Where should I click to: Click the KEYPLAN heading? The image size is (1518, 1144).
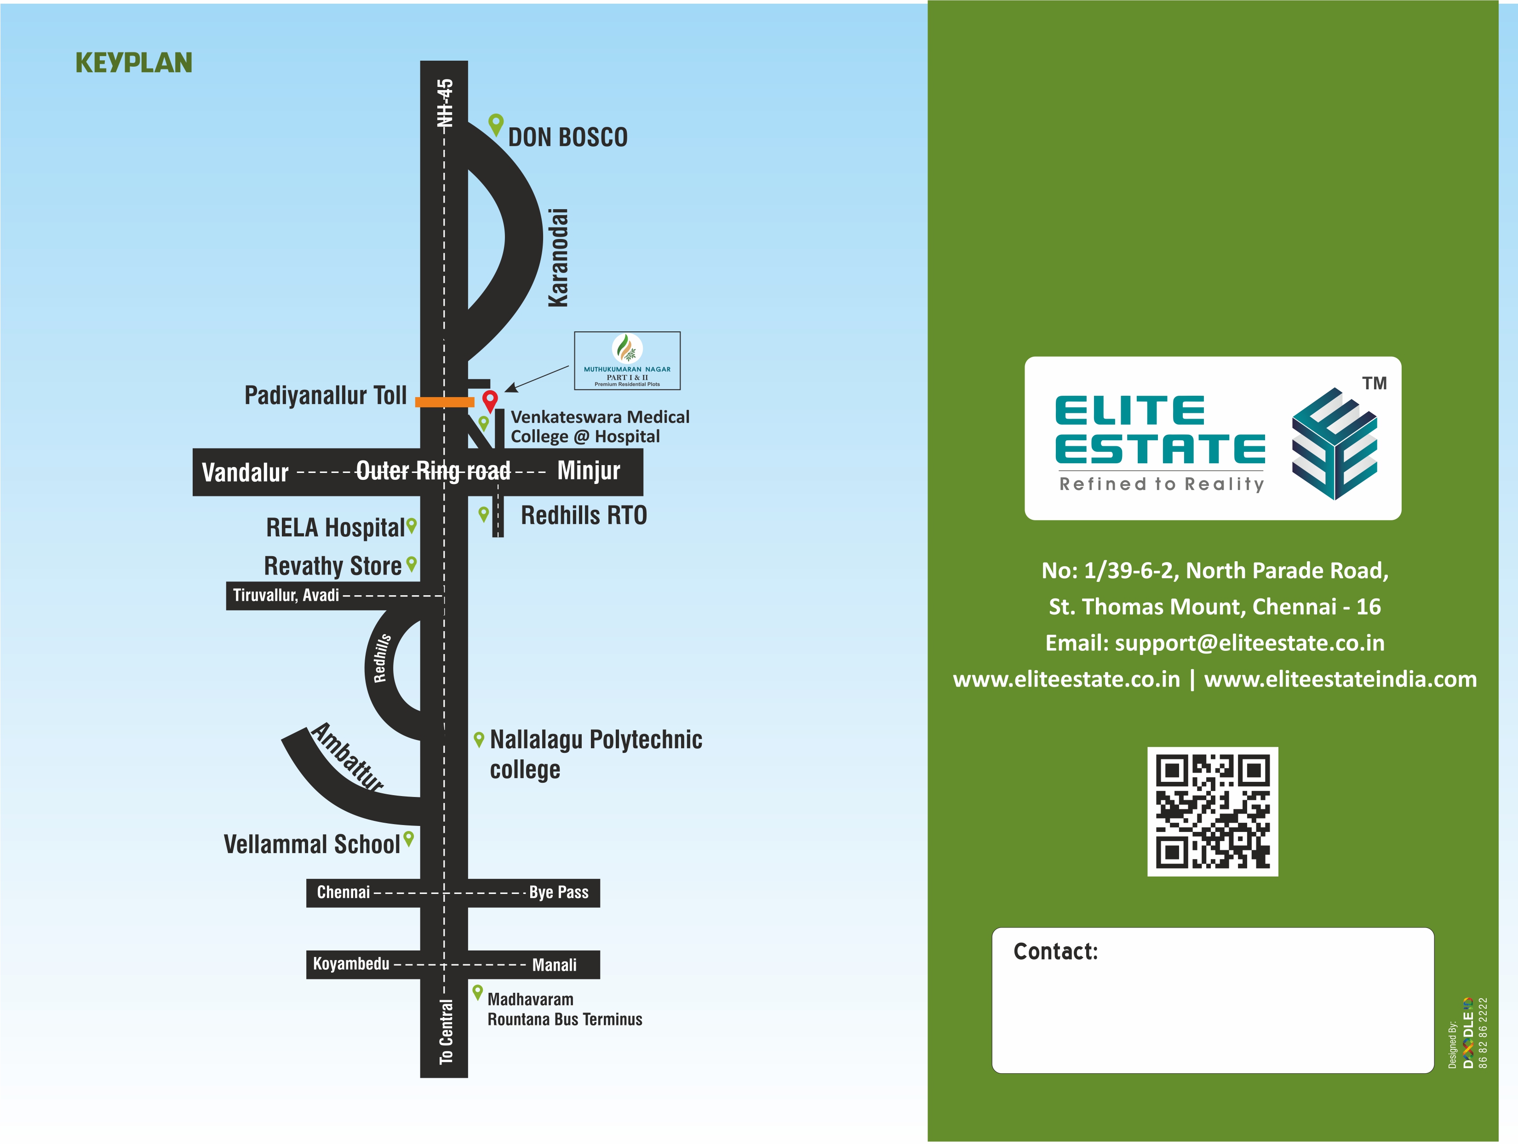coord(134,63)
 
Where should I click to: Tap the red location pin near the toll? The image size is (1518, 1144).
coord(489,400)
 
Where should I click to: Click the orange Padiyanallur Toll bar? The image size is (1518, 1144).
coord(444,402)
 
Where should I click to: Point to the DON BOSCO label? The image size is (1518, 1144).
coord(567,137)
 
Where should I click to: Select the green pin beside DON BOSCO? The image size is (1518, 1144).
coord(495,124)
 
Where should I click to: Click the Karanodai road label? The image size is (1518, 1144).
coord(558,258)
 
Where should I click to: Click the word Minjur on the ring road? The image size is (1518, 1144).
coord(588,471)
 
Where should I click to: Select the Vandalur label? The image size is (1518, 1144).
coord(245,472)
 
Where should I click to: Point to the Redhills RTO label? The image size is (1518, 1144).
coord(583,515)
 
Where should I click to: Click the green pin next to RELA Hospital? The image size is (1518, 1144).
coord(411,525)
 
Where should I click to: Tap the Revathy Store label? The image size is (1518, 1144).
coord(333,566)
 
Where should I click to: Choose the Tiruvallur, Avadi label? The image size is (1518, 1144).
coord(286,595)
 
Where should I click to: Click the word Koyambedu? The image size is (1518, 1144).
coord(351,964)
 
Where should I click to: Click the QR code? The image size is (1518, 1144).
coord(1212,811)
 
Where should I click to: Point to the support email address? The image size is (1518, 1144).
coord(1249,643)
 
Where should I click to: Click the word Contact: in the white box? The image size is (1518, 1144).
coord(1055,951)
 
